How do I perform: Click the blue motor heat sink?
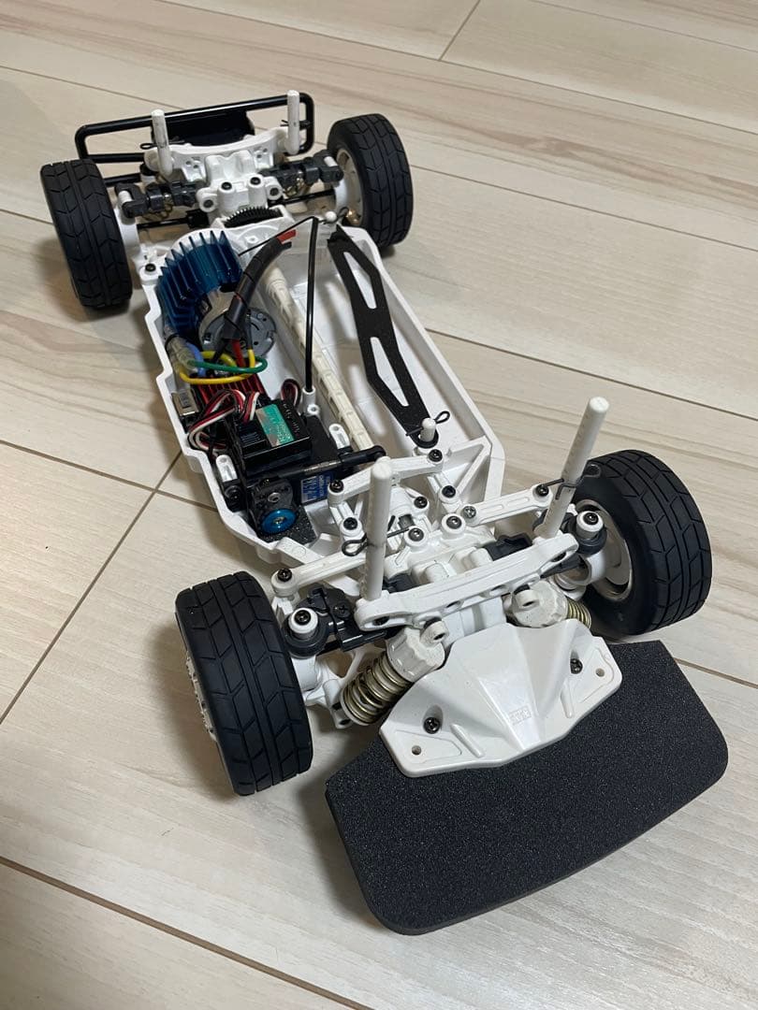click(192, 285)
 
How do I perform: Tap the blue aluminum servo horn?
click(276, 519)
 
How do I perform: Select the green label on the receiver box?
click(281, 422)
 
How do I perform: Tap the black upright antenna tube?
click(310, 309)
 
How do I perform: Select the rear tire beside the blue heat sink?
click(86, 234)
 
